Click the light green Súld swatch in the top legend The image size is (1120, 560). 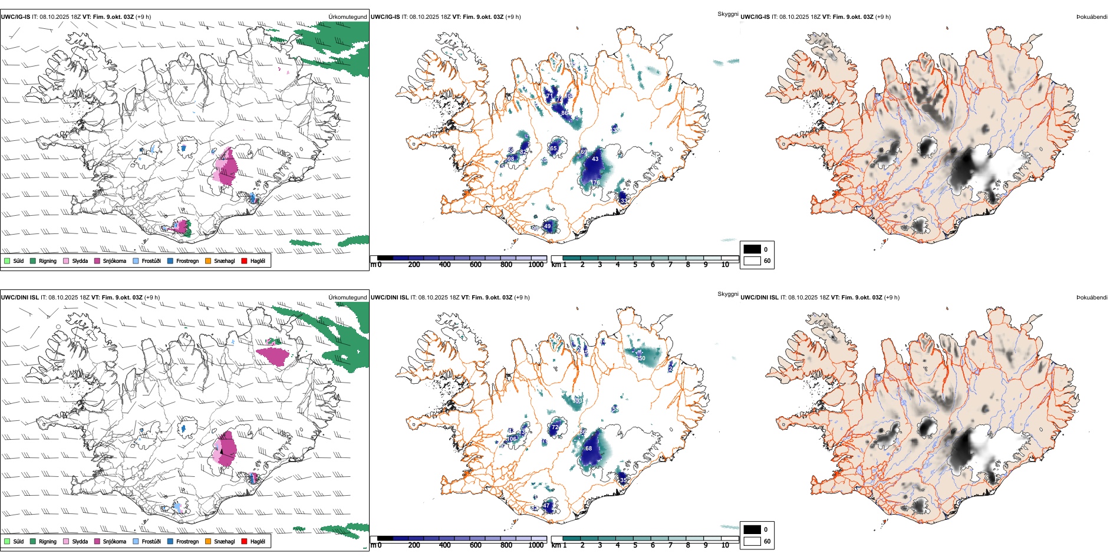7,261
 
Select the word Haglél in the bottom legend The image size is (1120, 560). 258,541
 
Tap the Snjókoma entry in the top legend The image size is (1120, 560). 114,261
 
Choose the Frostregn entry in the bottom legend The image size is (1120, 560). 187,541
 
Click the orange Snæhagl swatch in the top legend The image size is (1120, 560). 208,261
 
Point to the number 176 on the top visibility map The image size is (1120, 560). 595,183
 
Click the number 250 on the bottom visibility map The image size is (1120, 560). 640,358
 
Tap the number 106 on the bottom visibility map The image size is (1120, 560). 511,439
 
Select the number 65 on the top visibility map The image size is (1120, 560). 553,149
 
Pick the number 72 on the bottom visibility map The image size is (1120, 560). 555,427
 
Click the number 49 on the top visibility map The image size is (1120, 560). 548,226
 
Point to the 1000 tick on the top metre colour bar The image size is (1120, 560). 536,265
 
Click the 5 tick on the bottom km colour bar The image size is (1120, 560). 635,545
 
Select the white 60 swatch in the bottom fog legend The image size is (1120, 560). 752,541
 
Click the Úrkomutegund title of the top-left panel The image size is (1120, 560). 347,17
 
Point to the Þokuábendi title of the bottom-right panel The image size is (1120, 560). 1092,298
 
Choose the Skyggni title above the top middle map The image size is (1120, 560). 727,14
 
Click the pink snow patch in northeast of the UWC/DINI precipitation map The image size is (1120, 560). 274,356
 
